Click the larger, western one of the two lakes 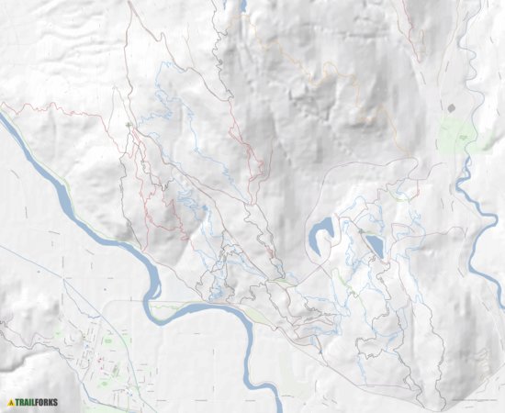click(321, 235)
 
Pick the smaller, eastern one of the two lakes click(374, 244)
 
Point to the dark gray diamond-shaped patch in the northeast click(451, 107)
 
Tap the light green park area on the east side click(455, 138)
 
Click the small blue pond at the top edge click(244, 5)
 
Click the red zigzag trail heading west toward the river click(55, 111)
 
